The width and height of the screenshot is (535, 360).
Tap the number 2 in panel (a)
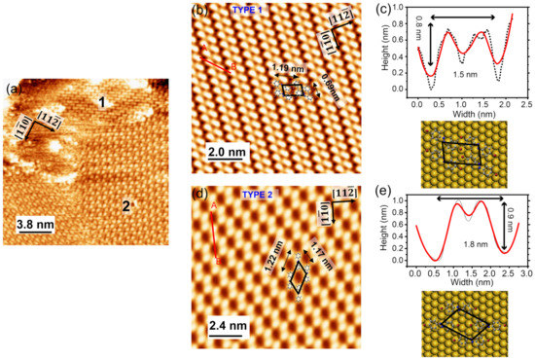[125, 204]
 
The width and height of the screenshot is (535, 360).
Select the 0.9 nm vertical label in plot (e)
[518, 226]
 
